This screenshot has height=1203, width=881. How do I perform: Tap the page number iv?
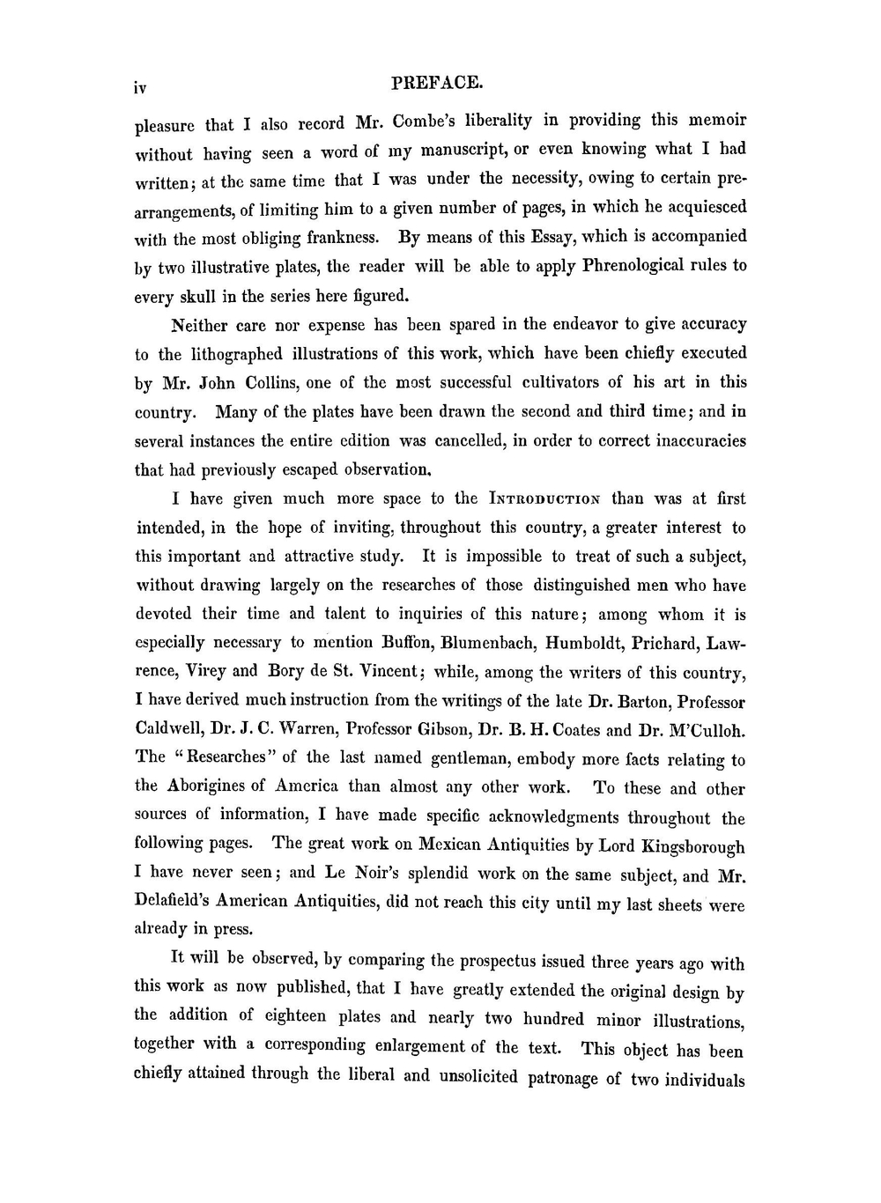140,87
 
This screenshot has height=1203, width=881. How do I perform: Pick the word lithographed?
237,354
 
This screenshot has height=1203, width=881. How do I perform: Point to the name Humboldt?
584,644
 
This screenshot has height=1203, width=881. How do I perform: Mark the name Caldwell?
174,729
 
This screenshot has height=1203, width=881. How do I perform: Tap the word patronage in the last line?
562,1078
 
